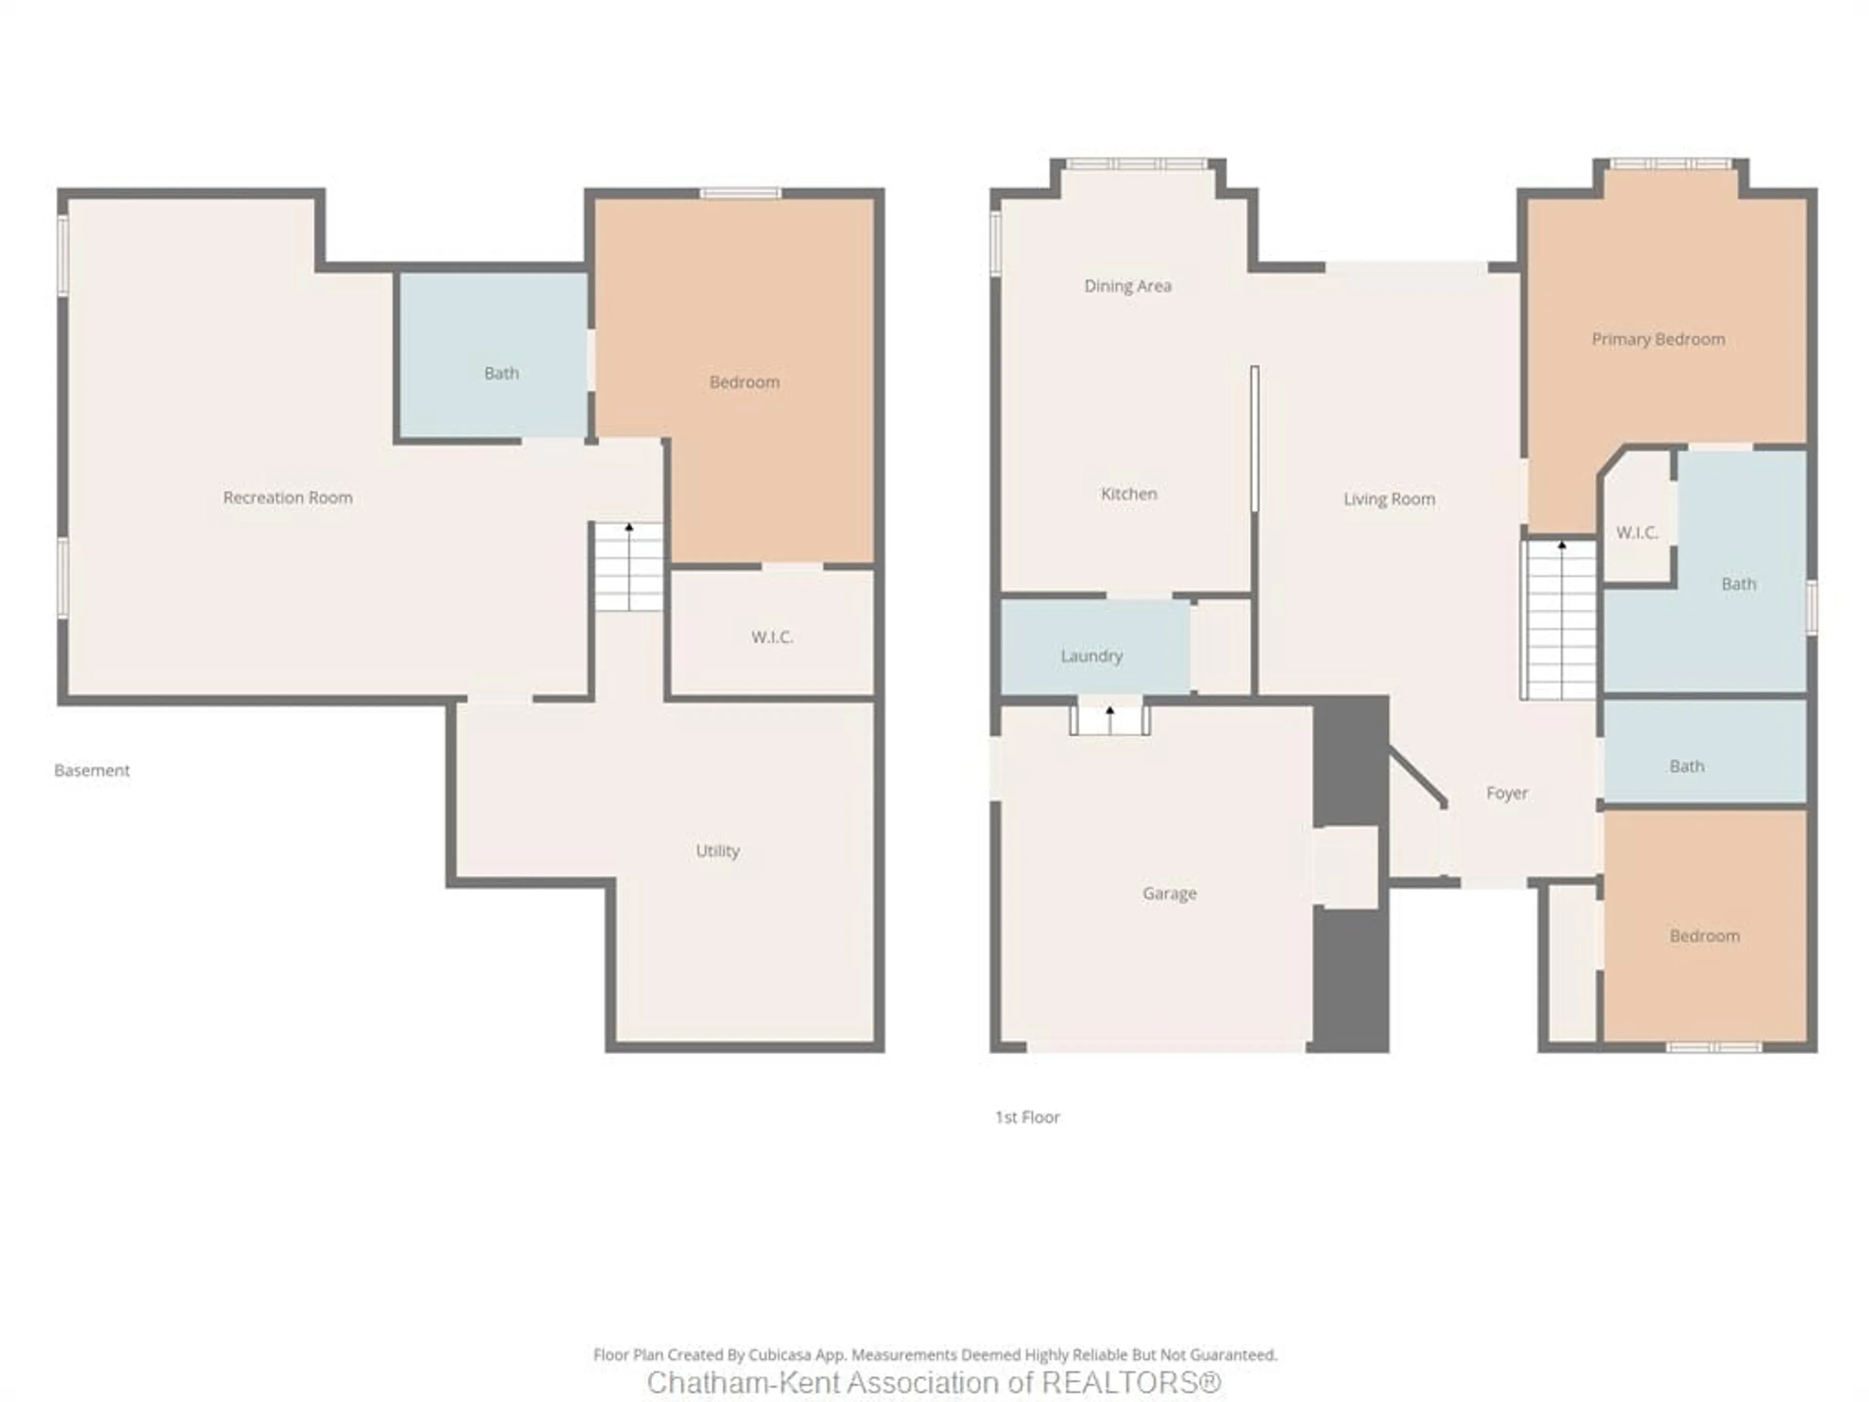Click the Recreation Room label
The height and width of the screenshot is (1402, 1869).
click(x=287, y=498)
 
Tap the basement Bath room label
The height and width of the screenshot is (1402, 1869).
click(x=501, y=373)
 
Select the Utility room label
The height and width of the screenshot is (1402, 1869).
click(x=717, y=851)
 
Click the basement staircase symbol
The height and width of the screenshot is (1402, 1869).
click(x=629, y=566)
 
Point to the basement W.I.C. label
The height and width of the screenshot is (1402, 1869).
click(x=771, y=637)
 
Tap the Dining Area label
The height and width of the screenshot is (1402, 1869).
click(x=1127, y=286)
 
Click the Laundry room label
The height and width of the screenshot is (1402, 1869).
click(x=1091, y=656)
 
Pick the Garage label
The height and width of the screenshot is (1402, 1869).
click(x=1170, y=893)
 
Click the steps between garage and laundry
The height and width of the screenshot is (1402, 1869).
click(x=1109, y=720)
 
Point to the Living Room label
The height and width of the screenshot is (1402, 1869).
click(x=1389, y=499)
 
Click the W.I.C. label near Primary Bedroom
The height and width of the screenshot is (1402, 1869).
click(x=1637, y=533)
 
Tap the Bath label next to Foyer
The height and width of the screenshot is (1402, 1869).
click(x=1686, y=767)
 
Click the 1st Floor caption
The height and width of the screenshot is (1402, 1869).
click(x=1026, y=1117)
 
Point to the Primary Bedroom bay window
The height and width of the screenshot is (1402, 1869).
click(x=1670, y=164)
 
